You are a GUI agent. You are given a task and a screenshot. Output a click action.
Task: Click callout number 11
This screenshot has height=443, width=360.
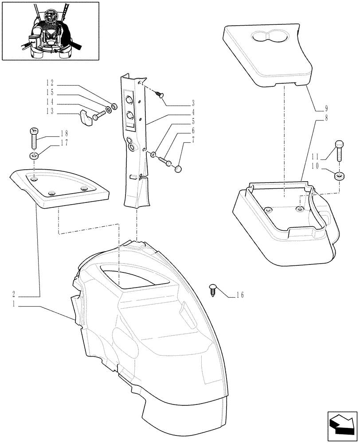point(315,156)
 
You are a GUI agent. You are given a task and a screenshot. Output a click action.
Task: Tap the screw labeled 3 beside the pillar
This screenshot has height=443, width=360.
point(160,93)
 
